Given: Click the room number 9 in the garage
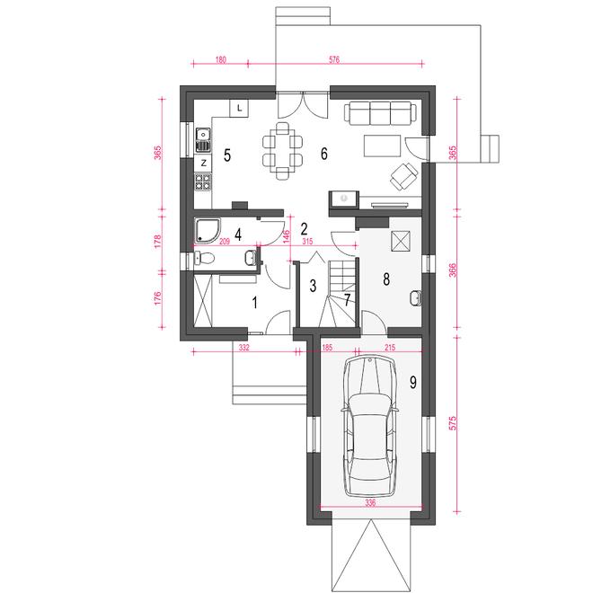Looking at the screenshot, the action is coord(413,383).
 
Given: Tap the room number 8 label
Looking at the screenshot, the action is coord(386,279).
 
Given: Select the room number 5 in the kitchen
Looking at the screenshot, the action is coord(227,155).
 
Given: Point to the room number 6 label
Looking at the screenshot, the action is coord(323,154).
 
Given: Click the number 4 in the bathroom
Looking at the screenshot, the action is coord(238,235).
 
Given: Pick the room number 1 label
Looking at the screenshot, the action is coord(255,302).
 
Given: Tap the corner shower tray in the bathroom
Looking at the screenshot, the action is coord(208,230).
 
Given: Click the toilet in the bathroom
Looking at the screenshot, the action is coord(204,258).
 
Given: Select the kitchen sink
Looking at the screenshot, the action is coord(203,139).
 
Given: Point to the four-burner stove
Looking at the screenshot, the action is coord(203,181).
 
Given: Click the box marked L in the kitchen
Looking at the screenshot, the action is coord(239,109).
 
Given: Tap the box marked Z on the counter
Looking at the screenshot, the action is coord(204,164).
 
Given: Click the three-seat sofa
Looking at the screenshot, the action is coord(380,112).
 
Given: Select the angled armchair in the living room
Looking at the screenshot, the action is coord(404,176).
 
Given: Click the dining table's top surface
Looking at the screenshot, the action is coord(282,151).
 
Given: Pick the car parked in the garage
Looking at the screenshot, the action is coord(370,426).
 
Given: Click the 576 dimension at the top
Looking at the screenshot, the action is coord(334,59).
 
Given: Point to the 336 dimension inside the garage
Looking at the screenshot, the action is coord(370,503).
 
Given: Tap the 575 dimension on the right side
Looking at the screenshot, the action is coord(453,423).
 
